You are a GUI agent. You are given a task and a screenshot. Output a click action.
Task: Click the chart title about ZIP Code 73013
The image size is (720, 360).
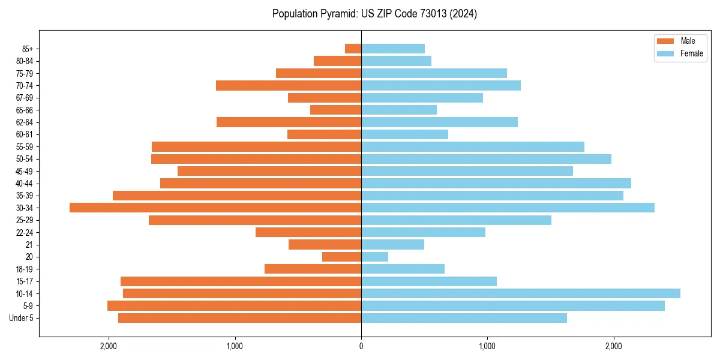point(374,14)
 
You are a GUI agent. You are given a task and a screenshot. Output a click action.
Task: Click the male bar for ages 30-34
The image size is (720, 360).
point(215,208)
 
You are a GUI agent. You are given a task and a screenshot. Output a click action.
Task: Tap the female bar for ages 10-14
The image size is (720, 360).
point(520,293)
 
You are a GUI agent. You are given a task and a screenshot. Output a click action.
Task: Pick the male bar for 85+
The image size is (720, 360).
point(353,49)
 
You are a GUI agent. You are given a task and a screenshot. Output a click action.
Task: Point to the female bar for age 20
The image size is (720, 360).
point(374,257)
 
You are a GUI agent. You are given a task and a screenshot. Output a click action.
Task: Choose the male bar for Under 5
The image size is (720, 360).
point(239,318)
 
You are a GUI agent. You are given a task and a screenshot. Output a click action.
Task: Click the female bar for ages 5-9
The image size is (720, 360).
point(512,306)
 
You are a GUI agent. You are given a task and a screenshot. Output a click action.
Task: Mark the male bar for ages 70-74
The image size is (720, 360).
point(289,85)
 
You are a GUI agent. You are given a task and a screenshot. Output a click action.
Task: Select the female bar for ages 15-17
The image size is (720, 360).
point(428,281)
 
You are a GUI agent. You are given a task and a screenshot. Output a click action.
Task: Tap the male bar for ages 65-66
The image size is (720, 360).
point(335,110)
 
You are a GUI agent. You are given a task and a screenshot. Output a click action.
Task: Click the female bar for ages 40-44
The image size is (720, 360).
point(496,183)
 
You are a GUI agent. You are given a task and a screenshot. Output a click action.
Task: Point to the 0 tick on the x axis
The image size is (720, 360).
point(361,346)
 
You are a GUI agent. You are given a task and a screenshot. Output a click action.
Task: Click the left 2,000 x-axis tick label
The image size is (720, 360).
point(109,346)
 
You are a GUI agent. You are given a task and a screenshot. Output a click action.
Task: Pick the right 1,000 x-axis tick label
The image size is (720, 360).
point(487,346)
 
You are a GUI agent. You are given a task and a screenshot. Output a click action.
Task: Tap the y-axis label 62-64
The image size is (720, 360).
point(25,122)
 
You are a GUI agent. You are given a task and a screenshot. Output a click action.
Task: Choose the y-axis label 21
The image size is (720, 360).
point(29,245)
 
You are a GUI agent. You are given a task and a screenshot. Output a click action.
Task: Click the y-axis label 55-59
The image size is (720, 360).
point(25,147)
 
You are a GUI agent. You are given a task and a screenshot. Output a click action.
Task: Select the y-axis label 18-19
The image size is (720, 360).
point(25,269)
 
